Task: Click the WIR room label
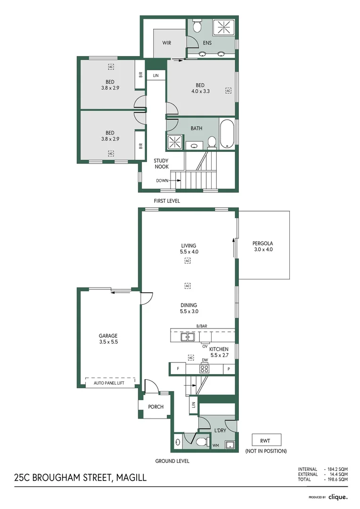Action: click(x=167, y=43)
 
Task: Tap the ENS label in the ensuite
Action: click(x=207, y=43)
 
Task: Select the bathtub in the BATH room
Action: click(x=226, y=134)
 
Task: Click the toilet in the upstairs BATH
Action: click(x=212, y=142)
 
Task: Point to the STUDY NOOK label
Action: click(x=161, y=164)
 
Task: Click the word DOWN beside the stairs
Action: click(x=162, y=181)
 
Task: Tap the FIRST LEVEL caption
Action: click(x=167, y=201)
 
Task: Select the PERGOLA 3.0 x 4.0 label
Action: click(x=262, y=246)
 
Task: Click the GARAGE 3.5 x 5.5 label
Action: click(x=108, y=339)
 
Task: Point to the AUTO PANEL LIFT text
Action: click(x=109, y=383)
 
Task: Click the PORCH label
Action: click(x=155, y=407)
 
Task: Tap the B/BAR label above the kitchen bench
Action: click(x=202, y=326)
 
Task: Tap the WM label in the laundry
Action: click(x=215, y=445)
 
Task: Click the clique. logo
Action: click(x=338, y=497)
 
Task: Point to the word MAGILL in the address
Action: click(x=130, y=478)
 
